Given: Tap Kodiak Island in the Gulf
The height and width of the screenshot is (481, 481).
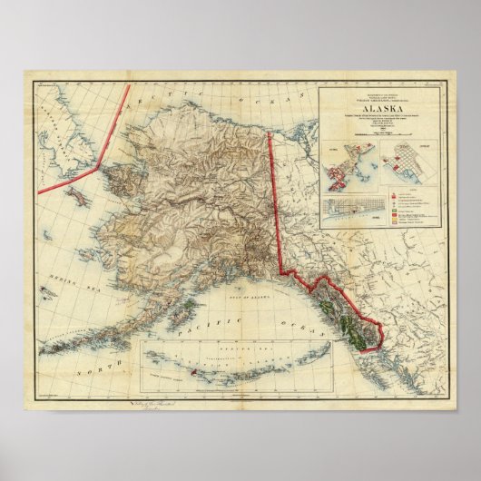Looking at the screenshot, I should tap(185, 309).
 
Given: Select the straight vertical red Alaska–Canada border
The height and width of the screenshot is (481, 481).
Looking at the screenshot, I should tap(275, 200).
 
